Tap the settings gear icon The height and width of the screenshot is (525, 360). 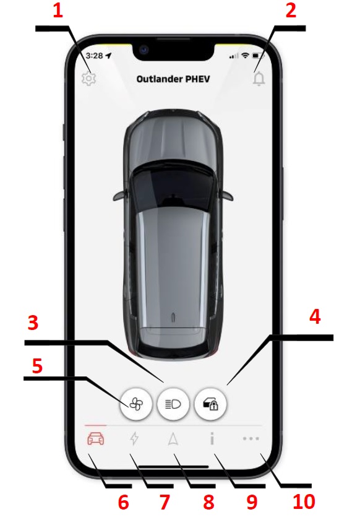[x=88, y=79]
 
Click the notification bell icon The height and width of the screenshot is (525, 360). [x=259, y=79]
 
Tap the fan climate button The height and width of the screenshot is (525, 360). [x=136, y=404]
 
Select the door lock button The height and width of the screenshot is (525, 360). [x=210, y=404]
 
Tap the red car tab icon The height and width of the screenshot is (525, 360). [x=96, y=438]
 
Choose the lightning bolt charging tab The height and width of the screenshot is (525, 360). [x=134, y=438]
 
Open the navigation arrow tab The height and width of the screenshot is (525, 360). [x=173, y=438]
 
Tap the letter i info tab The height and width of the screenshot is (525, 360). [x=212, y=438]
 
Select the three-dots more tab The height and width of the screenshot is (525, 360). [x=251, y=438]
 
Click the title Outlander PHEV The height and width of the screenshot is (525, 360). [x=173, y=79]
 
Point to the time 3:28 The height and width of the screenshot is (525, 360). [x=94, y=56]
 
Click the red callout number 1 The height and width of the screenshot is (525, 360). [x=58, y=11]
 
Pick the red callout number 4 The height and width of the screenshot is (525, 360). [x=315, y=316]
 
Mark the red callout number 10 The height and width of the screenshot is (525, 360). [x=304, y=501]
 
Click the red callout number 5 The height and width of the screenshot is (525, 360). [x=37, y=366]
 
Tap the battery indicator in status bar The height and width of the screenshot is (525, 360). [x=258, y=56]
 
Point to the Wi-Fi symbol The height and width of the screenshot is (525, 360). [x=245, y=56]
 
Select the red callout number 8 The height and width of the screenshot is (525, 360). [x=208, y=502]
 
